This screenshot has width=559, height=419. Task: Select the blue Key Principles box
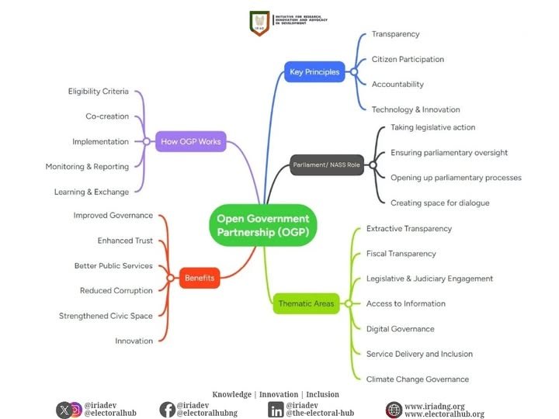tap(314, 72)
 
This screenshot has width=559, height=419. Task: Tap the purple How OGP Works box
tap(190, 141)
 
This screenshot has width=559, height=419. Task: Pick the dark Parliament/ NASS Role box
tap(327, 165)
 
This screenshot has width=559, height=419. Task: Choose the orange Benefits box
tap(200, 277)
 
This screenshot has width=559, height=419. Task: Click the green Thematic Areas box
tap(307, 303)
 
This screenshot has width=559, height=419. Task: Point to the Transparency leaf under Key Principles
tap(395, 34)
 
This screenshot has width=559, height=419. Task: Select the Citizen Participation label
tap(408, 59)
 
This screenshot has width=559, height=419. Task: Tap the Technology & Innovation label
tap(415, 109)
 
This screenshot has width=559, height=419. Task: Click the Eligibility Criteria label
tap(99, 92)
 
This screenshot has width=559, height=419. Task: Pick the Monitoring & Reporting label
tap(87, 167)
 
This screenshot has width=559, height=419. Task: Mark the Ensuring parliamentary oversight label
tap(449, 152)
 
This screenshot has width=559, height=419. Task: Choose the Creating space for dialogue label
tap(439, 203)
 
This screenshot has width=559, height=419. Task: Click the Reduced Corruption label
tap(116, 291)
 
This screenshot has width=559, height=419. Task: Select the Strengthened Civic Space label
tap(106, 316)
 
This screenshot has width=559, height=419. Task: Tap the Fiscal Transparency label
tap(401, 254)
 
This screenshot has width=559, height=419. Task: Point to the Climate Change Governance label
tap(418, 379)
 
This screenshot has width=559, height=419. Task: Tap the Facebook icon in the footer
tap(167, 410)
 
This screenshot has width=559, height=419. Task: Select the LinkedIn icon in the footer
tap(276, 410)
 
